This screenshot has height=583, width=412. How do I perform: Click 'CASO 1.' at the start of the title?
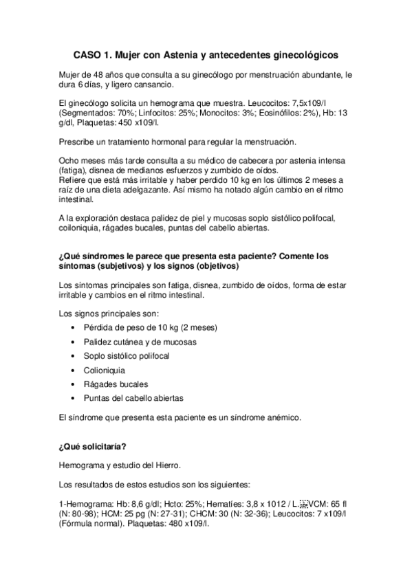click(x=92, y=53)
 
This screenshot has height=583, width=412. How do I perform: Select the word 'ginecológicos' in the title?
click(x=306, y=53)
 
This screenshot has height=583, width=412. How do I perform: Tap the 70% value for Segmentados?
click(x=124, y=113)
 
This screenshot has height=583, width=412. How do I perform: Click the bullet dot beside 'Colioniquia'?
click(x=73, y=370)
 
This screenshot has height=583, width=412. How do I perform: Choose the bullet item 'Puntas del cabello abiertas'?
click(x=133, y=398)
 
